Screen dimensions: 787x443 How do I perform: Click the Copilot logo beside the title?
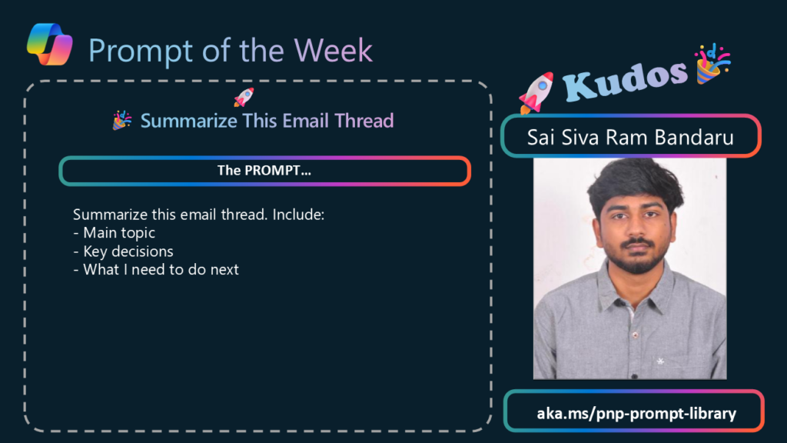pyautogui.click(x=50, y=44)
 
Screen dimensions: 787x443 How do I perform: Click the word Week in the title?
pyautogui.click(x=333, y=50)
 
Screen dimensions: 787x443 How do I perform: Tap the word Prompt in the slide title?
pyautogui.click(x=141, y=52)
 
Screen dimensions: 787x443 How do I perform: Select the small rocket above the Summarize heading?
pyautogui.click(x=244, y=97)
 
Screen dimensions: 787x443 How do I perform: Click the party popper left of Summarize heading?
pyautogui.click(x=122, y=121)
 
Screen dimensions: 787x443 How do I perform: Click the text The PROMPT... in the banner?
pyautogui.click(x=264, y=170)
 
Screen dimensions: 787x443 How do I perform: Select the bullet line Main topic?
pyautogui.click(x=114, y=232)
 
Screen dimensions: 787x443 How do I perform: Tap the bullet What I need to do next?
pyautogui.click(x=156, y=269)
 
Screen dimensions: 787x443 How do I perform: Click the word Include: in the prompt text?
pyautogui.click(x=298, y=215)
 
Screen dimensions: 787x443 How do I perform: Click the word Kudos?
pyautogui.click(x=624, y=79)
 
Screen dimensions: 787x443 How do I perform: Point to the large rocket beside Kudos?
pyautogui.click(x=536, y=92)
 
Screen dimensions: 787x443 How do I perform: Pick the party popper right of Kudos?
pyautogui.click(x=712, y=63)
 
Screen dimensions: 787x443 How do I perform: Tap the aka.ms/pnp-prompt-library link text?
pyautogui.click(x=636, y=413)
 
